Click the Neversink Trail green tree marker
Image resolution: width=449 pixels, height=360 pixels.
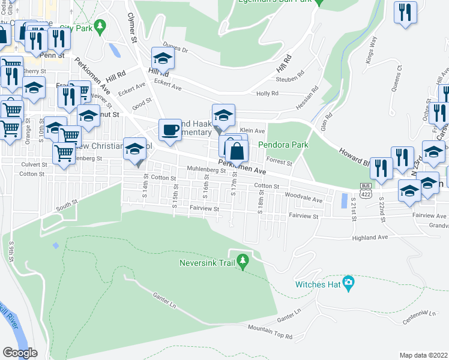point(243,262)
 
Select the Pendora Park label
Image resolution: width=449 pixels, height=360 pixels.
point(283,145)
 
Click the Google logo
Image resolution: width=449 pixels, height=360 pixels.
point(20,352)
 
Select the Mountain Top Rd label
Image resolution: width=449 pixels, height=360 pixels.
point(270,332)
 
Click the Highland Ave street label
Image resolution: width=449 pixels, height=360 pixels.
point(370,238)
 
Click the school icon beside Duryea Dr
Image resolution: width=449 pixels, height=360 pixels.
point(162,58)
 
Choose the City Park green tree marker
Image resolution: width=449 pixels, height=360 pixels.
point(101,27)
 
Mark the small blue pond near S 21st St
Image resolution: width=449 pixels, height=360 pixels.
point(343,200)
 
